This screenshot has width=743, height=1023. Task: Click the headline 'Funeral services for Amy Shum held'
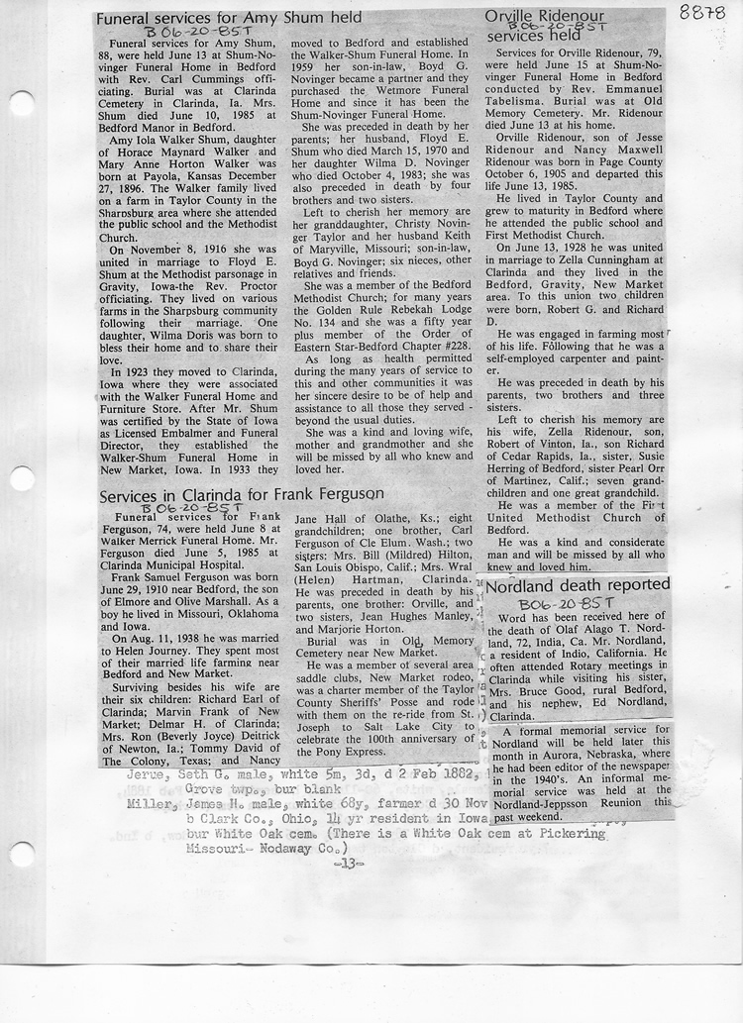click(x=228, y=18)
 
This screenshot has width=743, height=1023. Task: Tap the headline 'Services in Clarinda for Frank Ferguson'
click(x=242, y=494)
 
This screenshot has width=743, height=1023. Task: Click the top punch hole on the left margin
click(x=21, y=103)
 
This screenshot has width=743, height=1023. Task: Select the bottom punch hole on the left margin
click(x=21, y=854)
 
